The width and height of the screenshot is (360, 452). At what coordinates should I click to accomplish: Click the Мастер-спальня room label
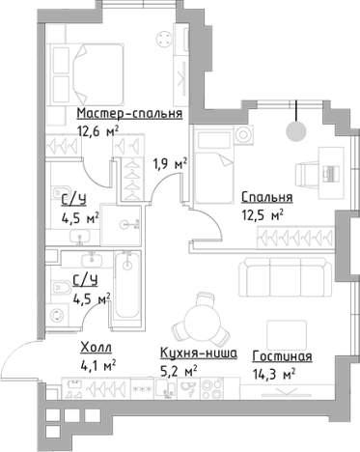click(129, 112)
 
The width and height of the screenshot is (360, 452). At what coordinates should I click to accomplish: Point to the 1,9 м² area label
click(169, 163)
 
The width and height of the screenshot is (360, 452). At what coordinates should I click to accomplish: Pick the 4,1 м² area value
click(97, 366)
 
